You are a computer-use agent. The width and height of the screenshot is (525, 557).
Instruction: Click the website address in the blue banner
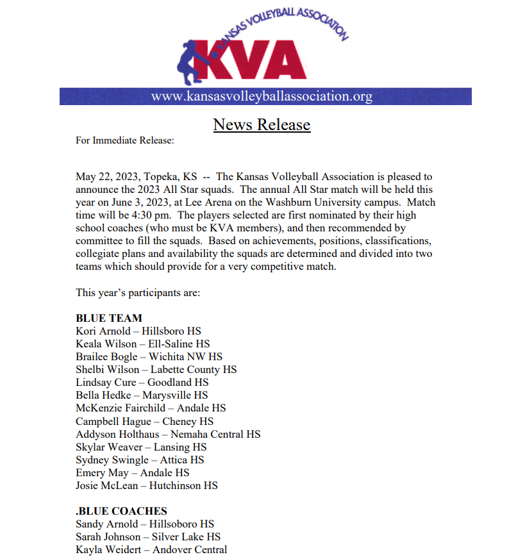(x=262, y=97)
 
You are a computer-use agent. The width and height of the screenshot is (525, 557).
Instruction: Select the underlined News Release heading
(x=262, y=124)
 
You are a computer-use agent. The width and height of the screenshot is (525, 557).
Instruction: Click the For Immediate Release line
(x=125, y=140)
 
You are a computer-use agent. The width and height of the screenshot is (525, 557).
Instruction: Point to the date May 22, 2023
(x=106, y=177)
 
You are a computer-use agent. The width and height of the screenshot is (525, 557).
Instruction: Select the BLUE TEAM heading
(x=109, y=318)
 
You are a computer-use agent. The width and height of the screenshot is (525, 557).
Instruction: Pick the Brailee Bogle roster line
(x=149, y=356)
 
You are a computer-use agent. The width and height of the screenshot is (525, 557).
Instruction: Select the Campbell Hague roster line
(x=144, y=421)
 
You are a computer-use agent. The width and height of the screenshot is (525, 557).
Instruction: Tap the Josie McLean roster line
(x=146, y=485)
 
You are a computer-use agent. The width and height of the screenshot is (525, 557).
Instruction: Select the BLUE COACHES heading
(x=121, y=511)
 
